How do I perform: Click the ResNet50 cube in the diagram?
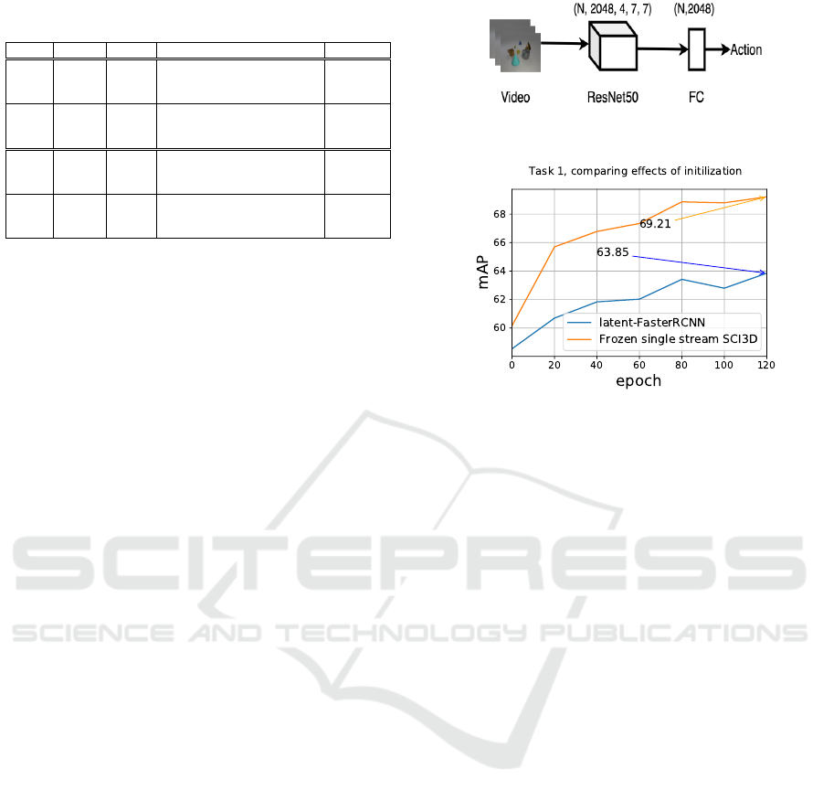click(613, 47)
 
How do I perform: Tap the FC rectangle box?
click(697, 49)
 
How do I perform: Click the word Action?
click(746, 50)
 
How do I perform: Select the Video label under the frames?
click(515, 97)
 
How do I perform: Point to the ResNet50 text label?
click(613, 97)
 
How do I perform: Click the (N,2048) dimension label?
click(694, 9)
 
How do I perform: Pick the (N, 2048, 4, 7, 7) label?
click(613, 9)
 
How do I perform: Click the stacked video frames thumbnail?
click(515, 46)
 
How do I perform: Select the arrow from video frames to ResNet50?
click(564, 43)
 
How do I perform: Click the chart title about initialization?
click(635, 171)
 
